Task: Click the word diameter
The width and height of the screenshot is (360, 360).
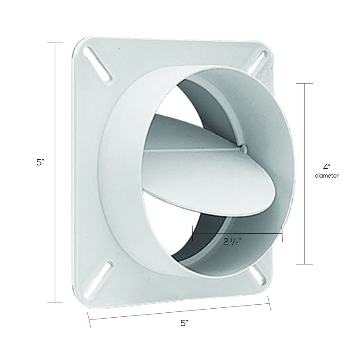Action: pos(327,176)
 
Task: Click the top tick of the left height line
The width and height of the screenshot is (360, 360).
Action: pos(55,43)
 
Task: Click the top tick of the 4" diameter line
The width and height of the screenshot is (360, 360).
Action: pos(305,84)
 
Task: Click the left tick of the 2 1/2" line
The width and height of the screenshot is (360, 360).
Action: pos(193,233)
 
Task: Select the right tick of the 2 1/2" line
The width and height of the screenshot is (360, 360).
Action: pos(282,233)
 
